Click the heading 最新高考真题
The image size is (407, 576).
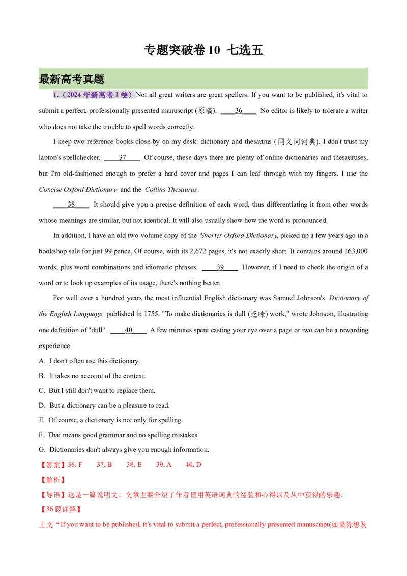tap(71, 79)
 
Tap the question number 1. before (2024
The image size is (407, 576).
tap(55, 95)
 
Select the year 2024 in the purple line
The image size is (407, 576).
tap(73, 95)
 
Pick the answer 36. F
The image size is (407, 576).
tap(77, 464)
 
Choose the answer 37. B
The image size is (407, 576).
tap(105, 464)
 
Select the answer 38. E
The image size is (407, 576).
tap(135, 464)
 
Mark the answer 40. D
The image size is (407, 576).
tap(194, 464)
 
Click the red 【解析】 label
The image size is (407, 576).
tap(53, 480)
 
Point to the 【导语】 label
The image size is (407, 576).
tap(53, 495)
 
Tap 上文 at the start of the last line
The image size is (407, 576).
tap(45, 525)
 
